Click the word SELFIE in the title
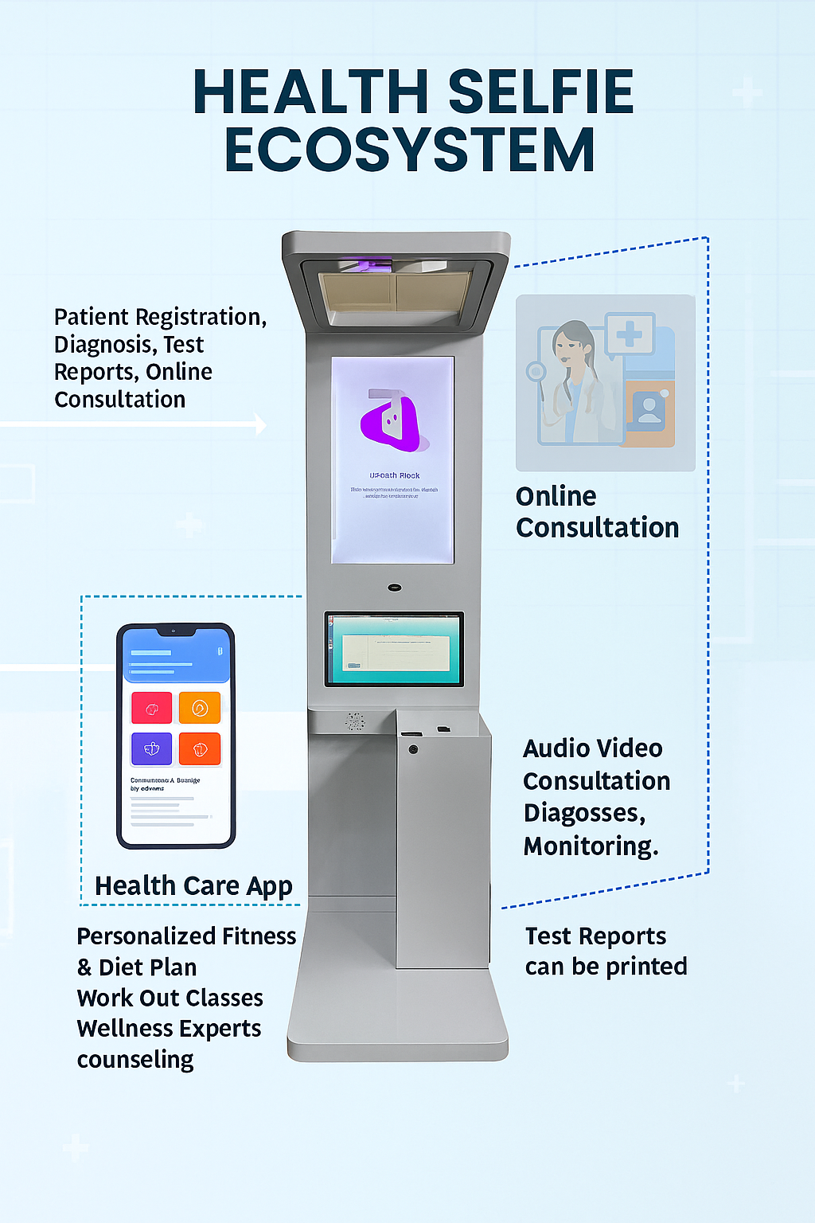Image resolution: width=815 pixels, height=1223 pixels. click(x=540, y=92)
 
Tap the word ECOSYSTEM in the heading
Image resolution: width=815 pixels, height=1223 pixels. click(x=410, y=150)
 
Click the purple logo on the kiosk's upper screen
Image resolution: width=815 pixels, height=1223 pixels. click(x=392, y=420)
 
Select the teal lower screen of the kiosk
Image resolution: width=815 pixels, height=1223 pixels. click(x=394, y=649)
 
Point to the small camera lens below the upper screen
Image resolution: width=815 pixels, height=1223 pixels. click(x=395, y=588)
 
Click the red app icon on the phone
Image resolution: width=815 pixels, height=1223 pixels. click(x=151, y=708)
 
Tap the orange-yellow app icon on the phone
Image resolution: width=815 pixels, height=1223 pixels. click(x=200, y=707)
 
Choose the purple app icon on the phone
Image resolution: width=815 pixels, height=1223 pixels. click(x=151, y=748)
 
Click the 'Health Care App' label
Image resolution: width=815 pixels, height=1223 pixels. click(x=193, y=886)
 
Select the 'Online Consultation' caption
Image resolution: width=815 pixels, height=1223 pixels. click(x=597, y=512)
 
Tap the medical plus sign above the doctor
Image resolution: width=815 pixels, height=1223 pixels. click(x=630, y=334)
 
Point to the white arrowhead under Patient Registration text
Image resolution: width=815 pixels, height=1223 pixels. click(x=259, y=424)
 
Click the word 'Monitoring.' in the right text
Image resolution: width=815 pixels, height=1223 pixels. click(x=591, y=846)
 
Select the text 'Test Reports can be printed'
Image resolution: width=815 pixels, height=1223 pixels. click(x=606, y=951)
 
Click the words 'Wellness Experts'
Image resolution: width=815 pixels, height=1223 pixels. click(x=169, y=1029)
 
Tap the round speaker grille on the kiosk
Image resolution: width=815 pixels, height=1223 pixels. click(x=355, y=721)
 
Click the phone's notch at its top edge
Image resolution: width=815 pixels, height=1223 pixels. click(x=176, y=631)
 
